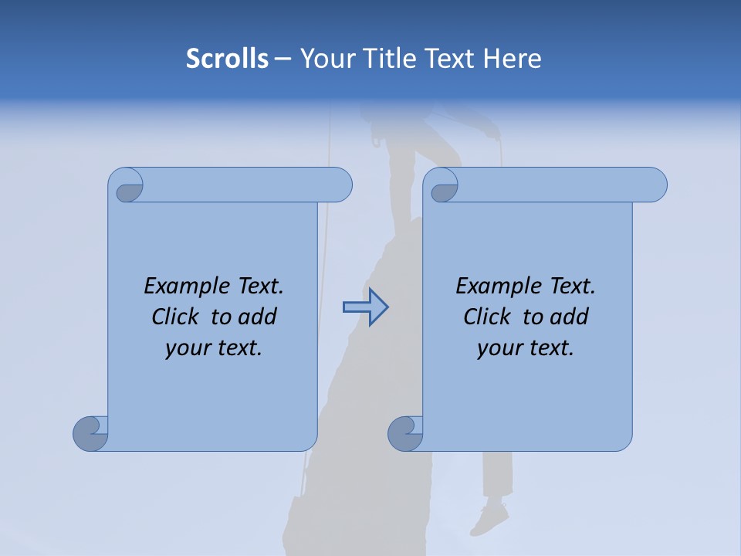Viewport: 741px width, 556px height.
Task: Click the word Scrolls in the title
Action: pyautogui.click(x=227, y=59)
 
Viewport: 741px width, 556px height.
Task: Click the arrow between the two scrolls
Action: pyautogui.click(x=365, y=307)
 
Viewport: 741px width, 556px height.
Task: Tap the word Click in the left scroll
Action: pyautogui.click(x=174, y=317)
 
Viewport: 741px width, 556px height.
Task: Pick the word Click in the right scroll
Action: pyautogui.click(x=486, y=317)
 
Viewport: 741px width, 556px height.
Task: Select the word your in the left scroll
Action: pyautogui.click(x=186, y=348)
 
